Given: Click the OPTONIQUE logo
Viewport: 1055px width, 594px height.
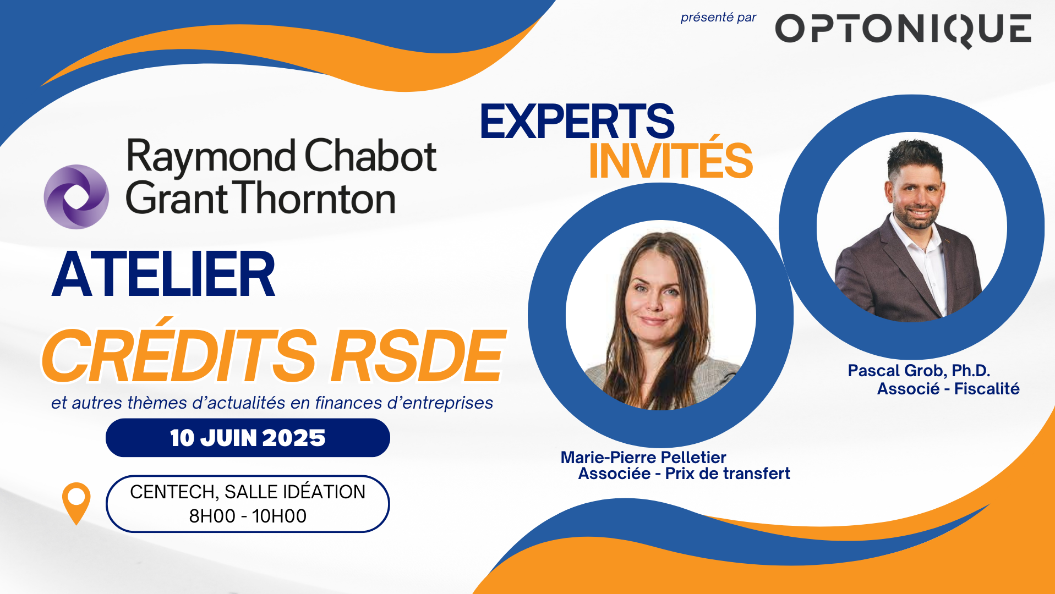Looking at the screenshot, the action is pyautogui.click(x=903, y=30).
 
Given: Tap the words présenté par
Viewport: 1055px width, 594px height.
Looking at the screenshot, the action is pyautogui.click(x=718, y=18).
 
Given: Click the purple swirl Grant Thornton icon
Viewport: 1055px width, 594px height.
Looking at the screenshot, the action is pyautogui.click(x=76, y=196).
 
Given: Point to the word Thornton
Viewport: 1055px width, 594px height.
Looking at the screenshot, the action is pyautogui.click(x=317, y=198).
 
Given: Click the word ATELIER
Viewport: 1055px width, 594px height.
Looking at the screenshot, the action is pyautogui.click(x=163, y=274).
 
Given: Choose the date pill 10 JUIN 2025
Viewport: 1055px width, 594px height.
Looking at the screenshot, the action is pyautogui.click(x=248, y=438).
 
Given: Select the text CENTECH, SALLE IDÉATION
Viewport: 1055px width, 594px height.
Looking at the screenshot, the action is pyautogui.click(x=248, y=492).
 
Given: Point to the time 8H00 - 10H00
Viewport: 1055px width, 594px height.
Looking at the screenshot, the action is pyautogui.click(x=248, y=516).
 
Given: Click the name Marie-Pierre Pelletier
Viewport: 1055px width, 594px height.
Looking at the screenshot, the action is pyautogui.click(x=643, y=457).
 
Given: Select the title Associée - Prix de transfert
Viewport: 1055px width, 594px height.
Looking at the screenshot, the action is pyautogui.click(x=684, y=474).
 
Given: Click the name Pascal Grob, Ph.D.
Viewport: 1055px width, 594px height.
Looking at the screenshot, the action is pyautogui.click(x=919, y=371).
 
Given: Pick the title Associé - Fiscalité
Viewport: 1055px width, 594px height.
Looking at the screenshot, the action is pyautogui.click(x=948, y=389).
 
